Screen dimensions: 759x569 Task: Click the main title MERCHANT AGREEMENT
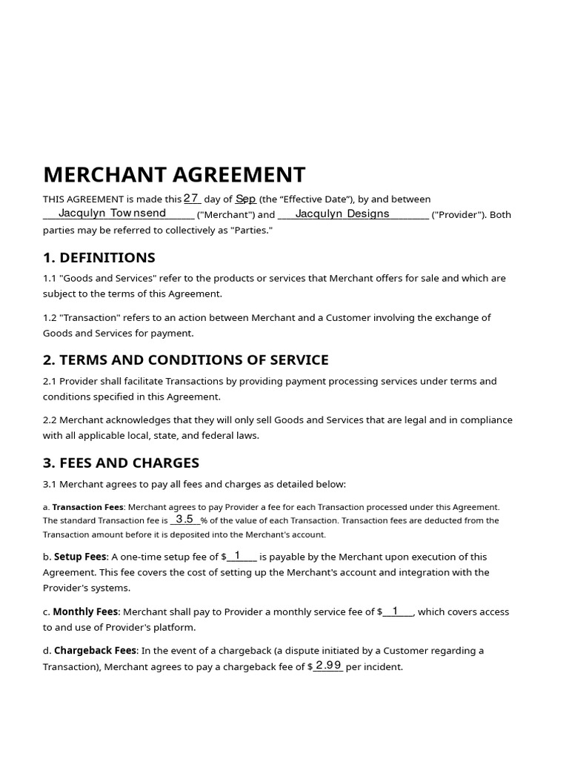(174, 175)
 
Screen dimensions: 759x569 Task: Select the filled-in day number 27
(191, 198)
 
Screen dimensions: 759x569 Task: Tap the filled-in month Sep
(246, 199)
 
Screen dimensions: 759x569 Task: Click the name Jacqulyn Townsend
(112, 213)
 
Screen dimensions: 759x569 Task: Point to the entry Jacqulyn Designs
(342, 213)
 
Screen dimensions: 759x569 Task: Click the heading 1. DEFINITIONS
(99, 258)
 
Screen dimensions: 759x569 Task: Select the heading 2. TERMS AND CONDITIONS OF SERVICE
(185, 360)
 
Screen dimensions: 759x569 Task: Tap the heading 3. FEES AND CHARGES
(121, 463)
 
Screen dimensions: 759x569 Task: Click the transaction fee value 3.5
(184, 520)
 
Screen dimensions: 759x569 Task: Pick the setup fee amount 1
(237, 555)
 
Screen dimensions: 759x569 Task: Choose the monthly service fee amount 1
(395, 611)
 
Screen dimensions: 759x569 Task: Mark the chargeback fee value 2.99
(327, 666)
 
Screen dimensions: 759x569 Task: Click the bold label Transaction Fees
(88, 507)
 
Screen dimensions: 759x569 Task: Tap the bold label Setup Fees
(80, 557)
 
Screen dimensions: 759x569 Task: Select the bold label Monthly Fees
(85, 611)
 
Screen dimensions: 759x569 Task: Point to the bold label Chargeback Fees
(95, 651)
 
